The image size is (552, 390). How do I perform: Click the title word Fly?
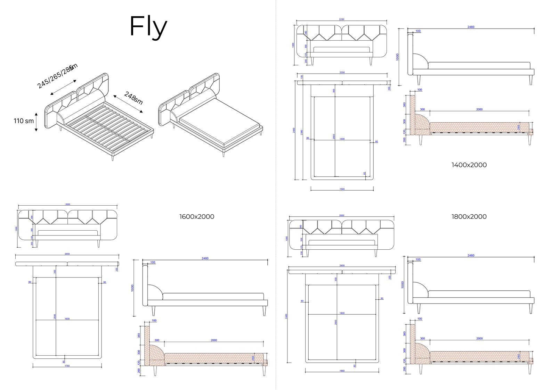(148, 26)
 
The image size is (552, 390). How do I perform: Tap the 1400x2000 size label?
(469, 165)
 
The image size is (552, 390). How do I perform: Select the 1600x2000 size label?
(197, 217)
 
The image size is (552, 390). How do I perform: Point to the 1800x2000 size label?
(469, 217)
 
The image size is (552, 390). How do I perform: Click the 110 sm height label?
(24, 121)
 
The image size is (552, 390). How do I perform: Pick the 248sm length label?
(133, 98)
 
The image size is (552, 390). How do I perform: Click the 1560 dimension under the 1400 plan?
(342, 189)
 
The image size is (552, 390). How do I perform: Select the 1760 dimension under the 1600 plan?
(67, 366)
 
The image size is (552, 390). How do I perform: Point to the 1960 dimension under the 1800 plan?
(342, 371)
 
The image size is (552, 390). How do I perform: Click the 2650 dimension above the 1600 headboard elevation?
(68, 204)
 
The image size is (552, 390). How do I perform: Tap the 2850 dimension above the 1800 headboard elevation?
(342, 215)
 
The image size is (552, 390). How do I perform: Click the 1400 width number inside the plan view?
(342, 139)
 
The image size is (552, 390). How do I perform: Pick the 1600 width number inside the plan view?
(67, 318)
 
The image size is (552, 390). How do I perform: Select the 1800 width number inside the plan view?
(342, 313)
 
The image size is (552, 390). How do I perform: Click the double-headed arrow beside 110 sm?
(36, 122)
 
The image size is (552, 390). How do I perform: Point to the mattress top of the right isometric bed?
(219, 122)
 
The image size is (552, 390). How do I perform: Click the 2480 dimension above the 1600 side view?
(205, 258)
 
